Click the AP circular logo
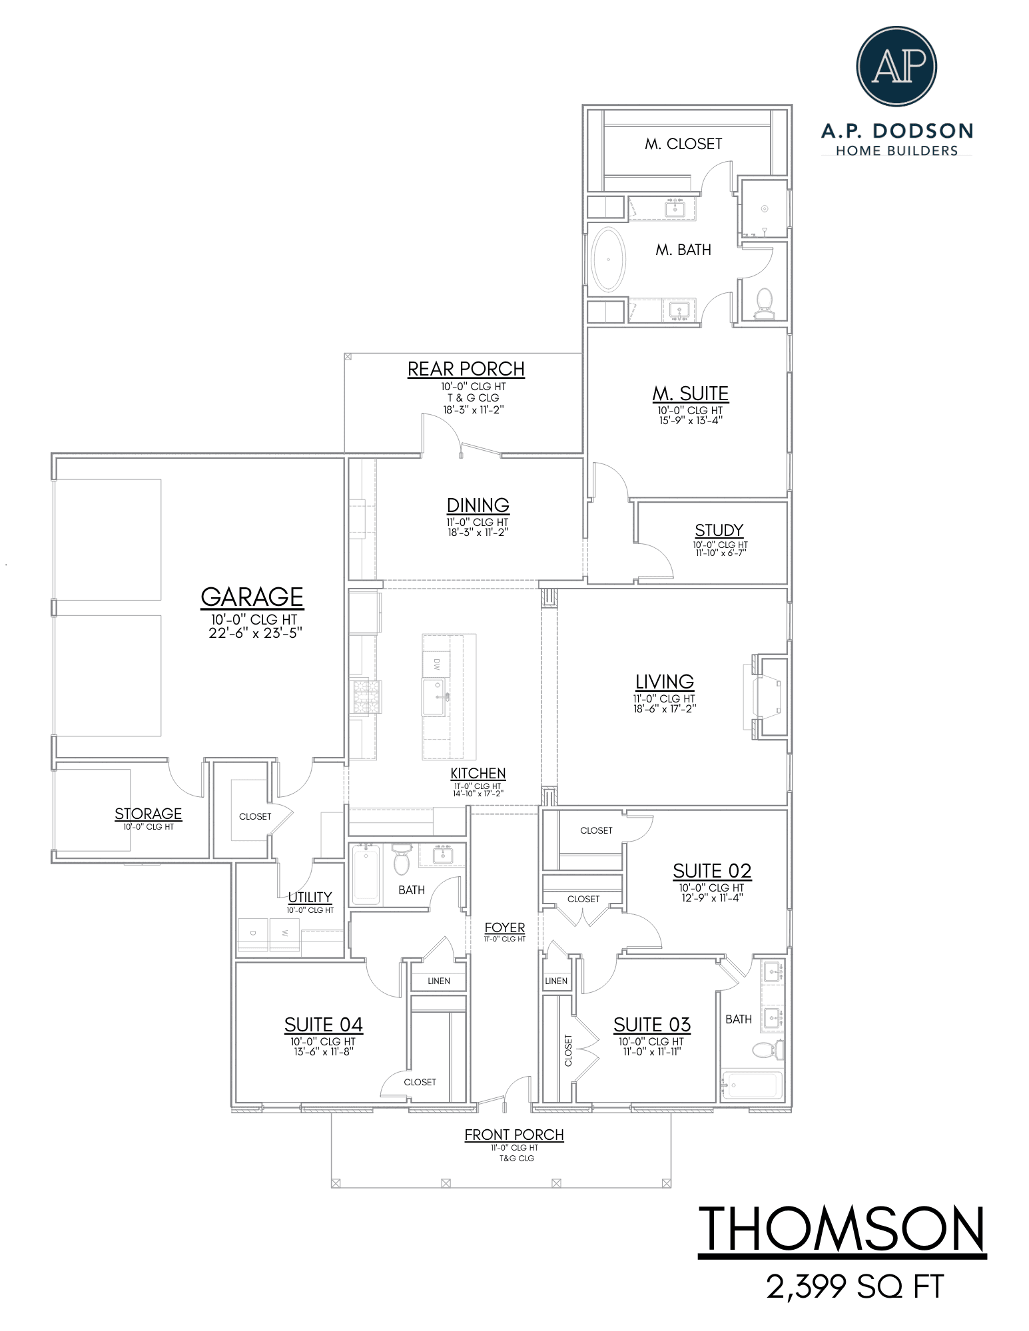(x=896, y=66)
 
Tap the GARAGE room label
(x=252, y=597)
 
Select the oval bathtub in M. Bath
(x=608, y=260)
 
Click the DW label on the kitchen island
(x=437, y=664)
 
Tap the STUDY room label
(x=719, y=530)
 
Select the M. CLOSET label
(x=683, y=144)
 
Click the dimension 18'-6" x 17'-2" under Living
(x=665, y=708)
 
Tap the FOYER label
(x=505, y=927)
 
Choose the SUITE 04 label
(x=324, y=1024)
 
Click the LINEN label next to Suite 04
(x=439, y=981)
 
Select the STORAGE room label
(x=148, y=813)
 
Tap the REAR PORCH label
(x=466, y=369)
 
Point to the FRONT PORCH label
(x=514, y=1135)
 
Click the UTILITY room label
(x=310, y=897)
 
